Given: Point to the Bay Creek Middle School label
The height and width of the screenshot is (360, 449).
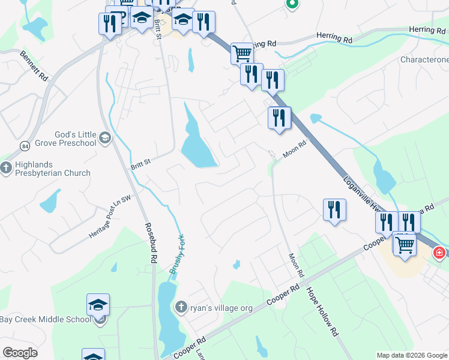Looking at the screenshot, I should click(46, 319).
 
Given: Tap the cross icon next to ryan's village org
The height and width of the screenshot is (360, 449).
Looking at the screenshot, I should click(181, 308).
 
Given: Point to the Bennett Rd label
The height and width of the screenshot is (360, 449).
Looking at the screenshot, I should click(34, 65).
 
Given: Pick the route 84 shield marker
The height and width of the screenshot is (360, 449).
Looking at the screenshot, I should click(25, 146).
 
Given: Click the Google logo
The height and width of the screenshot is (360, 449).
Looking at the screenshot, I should click(20, 352).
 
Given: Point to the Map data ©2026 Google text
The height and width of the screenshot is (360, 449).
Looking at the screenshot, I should click(411, 355).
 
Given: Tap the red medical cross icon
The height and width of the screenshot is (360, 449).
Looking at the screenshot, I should click(439, 253).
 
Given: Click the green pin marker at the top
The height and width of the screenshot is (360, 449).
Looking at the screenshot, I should click(292, 4).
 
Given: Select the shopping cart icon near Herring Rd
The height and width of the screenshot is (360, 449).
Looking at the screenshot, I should click(242, 53).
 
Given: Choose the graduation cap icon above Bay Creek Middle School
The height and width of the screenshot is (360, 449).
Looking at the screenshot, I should click(98, 305).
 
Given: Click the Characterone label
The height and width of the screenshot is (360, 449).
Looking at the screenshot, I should click(424, 61).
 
